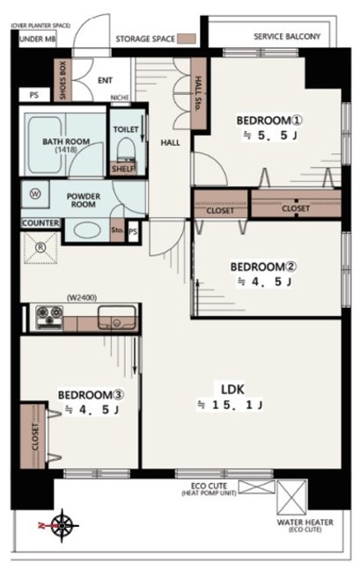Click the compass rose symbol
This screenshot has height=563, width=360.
[62, 526]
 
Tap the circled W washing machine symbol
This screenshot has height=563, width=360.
[35, 194]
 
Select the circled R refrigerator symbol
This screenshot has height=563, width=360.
[40, 247]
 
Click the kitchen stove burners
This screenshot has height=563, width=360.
[49, 317]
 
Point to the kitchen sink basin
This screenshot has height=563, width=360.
[117, 317]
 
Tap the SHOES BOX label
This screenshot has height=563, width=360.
[62, 80]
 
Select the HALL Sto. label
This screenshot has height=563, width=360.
[198, 94]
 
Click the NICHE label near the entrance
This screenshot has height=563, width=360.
[120, 98]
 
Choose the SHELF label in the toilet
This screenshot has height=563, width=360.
[123, 169]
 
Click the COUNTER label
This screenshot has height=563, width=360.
[40, 223]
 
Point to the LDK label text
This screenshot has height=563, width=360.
[232, 389]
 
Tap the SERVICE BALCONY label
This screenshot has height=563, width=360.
[287, 36]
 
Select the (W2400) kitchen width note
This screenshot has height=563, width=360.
[82, 297]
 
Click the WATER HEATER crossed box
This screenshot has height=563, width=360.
[292, 498]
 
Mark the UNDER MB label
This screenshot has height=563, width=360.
[37, 39]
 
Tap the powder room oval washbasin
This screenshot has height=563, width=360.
[86, 230]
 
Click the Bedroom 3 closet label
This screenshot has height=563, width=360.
[35, 437]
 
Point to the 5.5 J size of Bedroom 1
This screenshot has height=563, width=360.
[271, 135]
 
